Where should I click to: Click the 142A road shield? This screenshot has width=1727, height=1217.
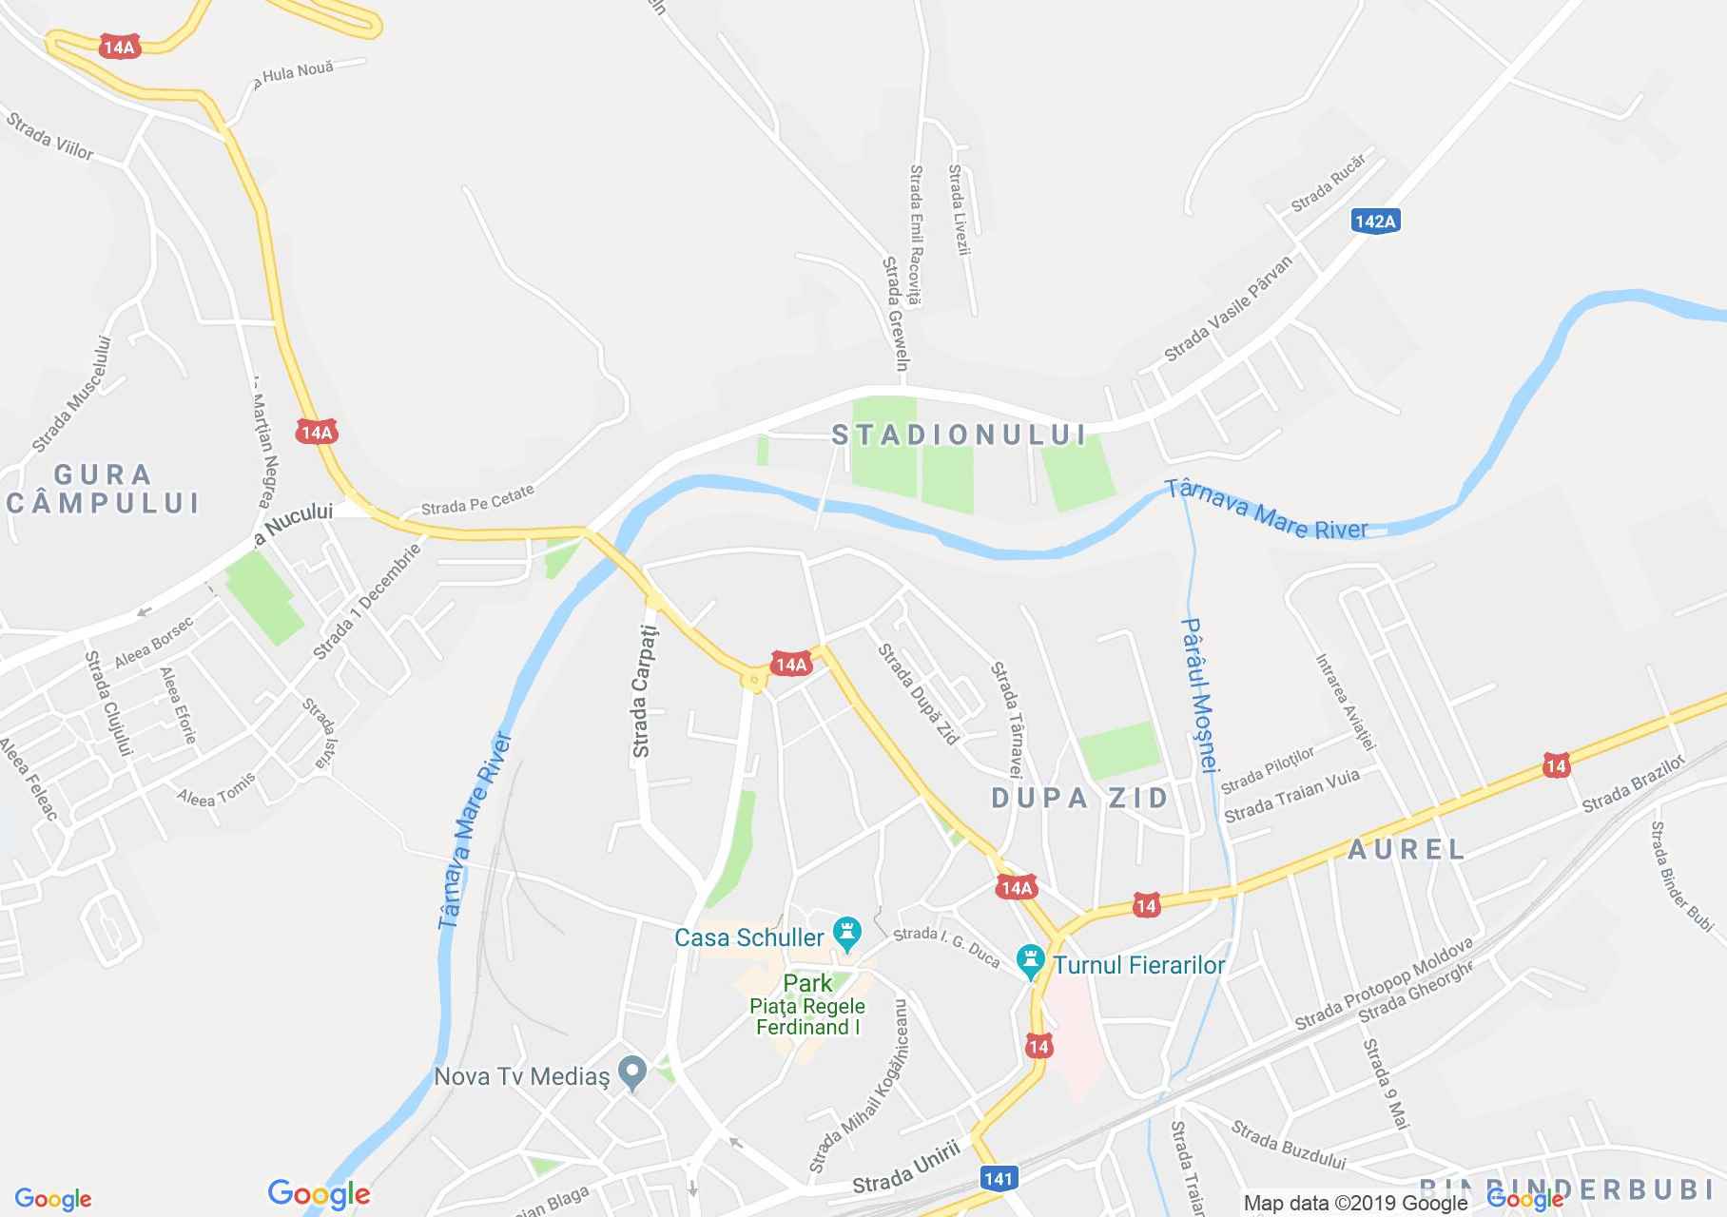(x=1375, y=222)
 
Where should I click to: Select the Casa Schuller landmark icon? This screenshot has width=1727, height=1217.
(x=846, y=932)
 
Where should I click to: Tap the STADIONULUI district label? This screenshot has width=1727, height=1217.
(x=960, y=435)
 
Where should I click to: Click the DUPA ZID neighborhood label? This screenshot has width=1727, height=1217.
(x=1080, y=798)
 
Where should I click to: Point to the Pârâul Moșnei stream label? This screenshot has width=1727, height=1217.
(x=1199, y=696)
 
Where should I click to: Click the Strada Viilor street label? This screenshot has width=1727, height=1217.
(x=49, y=136)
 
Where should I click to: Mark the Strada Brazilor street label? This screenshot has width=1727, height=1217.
(x=1633, y=784)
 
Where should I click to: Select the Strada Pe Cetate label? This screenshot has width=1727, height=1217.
(x=477, y=498)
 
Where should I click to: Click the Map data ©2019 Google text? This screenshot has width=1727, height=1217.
(x=1355, y=1203)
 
